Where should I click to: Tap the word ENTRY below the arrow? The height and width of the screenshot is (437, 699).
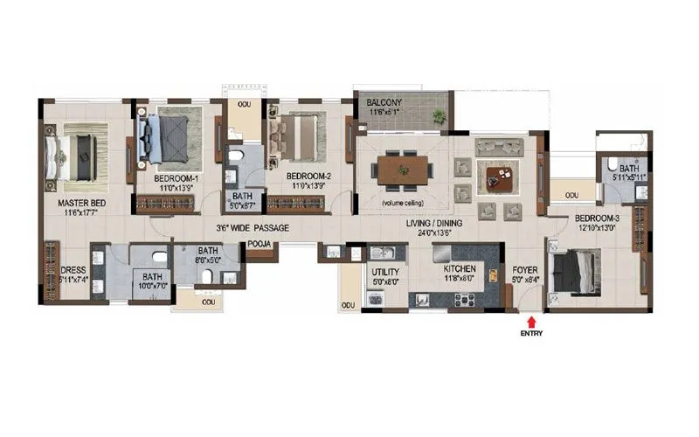tap(531, 333)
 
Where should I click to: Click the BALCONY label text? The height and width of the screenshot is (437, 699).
tap(384, 102)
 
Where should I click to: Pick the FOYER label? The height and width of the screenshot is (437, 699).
tap(524, 269)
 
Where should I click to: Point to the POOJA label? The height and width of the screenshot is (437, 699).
tap(258, 245)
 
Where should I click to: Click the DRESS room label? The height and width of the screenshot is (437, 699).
tap(73, 269)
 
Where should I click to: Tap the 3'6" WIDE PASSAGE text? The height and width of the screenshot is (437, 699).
tap(253, 228)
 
